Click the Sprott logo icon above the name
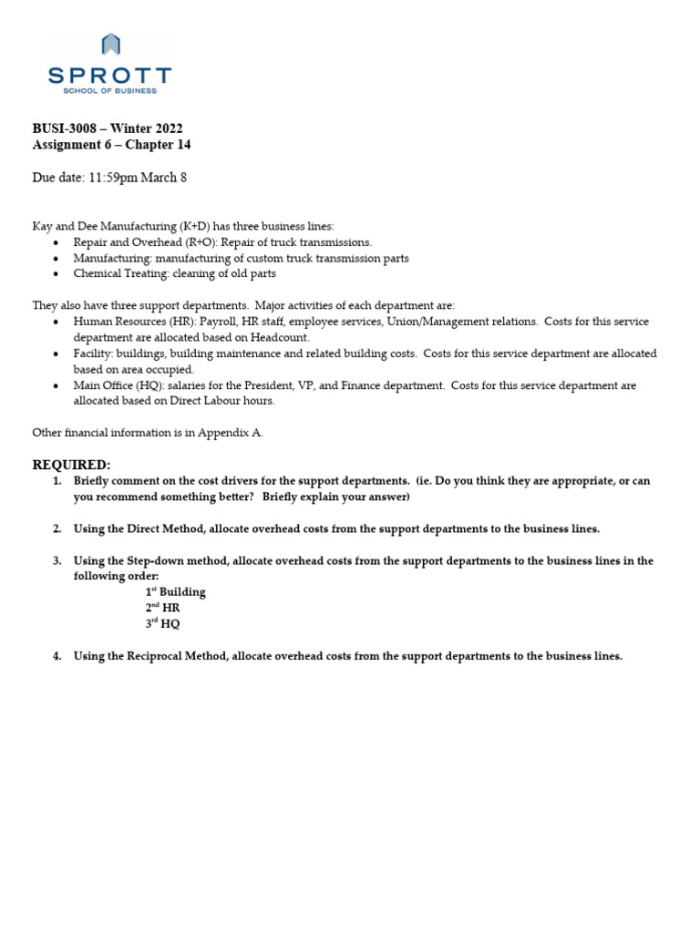(x=109, y=45)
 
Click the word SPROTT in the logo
(x=109, y=75)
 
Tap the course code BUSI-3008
(x=64, y=128)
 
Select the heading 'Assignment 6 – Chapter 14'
(x=111, y=145)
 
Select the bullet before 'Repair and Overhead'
(x=57, y=242)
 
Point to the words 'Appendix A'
(x=232, y=433)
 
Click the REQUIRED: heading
(x=71, y=465)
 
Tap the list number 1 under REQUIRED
(x=56, y=480)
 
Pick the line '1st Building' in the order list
(x=175, y=592)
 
